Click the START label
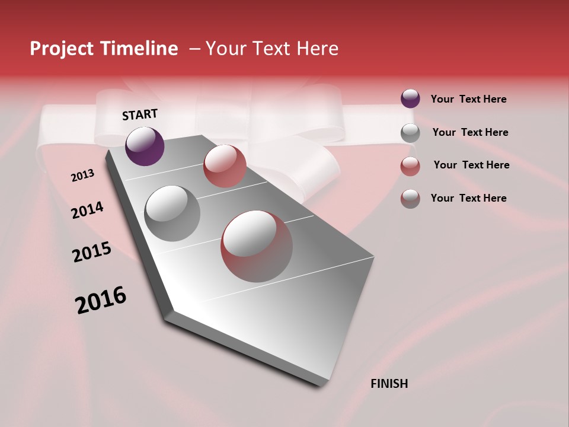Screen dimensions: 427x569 coord(140,114)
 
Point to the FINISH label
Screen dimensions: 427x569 coord(389,384)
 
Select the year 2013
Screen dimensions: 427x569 coord(83,176)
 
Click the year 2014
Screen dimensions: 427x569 coord(88,210)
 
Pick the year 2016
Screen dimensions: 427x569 coord(101,299)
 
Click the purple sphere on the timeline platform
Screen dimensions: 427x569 coord(145,146)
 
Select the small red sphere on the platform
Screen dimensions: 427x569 coord(225,166)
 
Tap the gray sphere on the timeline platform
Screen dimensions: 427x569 coord(172,213)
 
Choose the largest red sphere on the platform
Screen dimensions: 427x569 coord(257,246)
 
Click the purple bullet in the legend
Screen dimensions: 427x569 coord(410,99)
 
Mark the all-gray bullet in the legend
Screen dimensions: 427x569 coord(410,133)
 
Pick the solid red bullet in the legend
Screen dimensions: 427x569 coord(410,166)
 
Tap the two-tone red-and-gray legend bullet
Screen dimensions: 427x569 coord(410,199)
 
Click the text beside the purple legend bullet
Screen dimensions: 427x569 coord(468,99)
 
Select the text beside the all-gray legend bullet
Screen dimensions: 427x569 coord(471,132)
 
